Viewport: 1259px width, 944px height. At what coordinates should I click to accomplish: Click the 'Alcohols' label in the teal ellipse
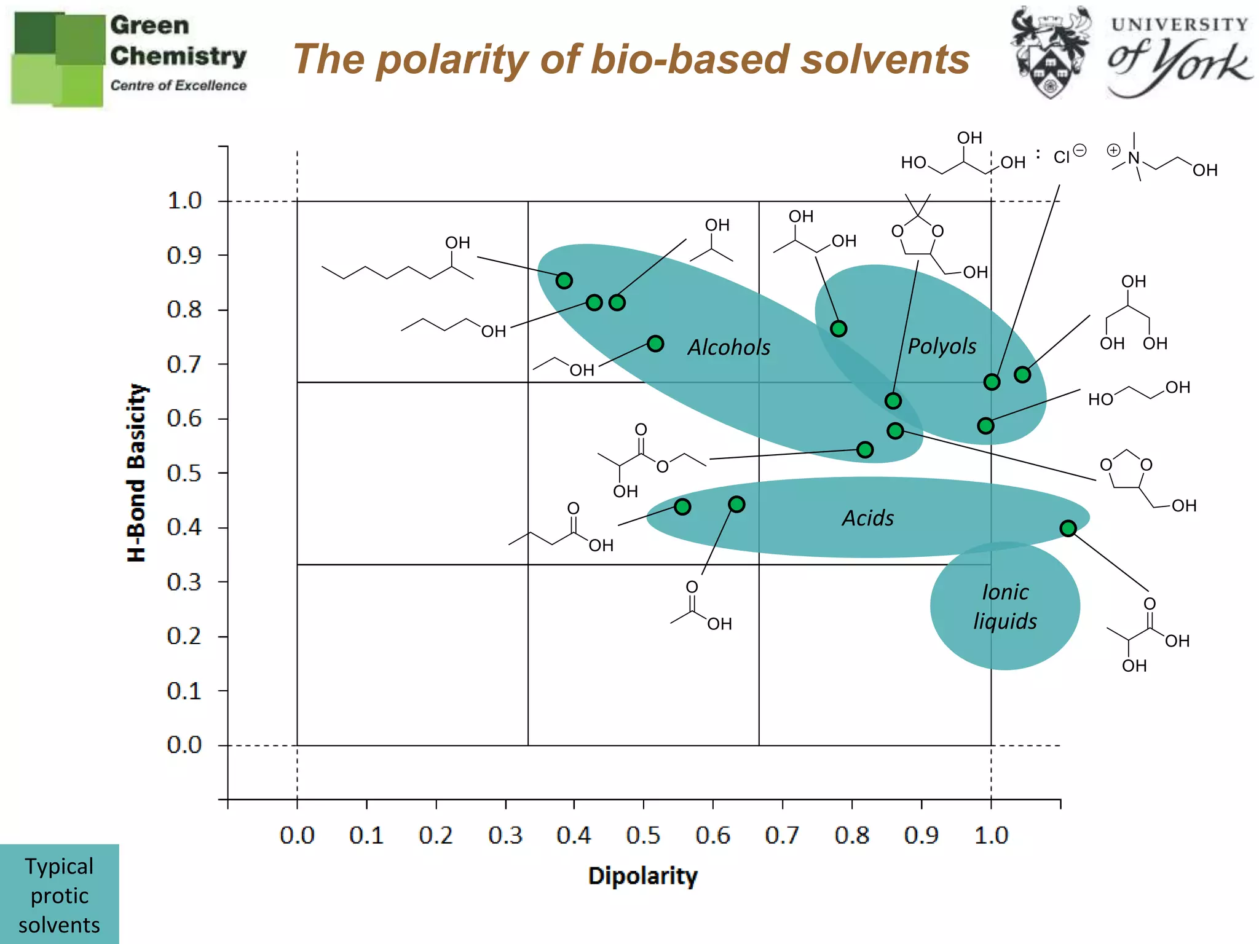[x=728, y=348]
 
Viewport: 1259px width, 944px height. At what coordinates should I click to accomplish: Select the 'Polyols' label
[x=942, y=347]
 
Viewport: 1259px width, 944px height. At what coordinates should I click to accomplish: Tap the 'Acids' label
[x=868, y=518]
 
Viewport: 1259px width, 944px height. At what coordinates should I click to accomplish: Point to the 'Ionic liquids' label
[x=1005, y=607]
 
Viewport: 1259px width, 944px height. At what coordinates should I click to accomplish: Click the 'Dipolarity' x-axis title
[x=643, y=876]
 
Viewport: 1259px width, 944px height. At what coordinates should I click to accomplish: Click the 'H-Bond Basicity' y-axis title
[x=136, y=473]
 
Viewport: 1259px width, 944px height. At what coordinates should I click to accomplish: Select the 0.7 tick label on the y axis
[x=184, y=364]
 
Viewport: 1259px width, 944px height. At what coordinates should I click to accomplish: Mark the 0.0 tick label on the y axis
[x=184, y=745]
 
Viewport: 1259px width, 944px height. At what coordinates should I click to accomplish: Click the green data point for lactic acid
[x=1068, y=529]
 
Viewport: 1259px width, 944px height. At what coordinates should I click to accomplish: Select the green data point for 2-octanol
[x=564, y=281]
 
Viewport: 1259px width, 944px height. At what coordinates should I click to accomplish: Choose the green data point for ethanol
[x=655, y=344]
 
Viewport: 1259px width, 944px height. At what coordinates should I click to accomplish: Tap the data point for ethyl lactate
[x=865, y=450]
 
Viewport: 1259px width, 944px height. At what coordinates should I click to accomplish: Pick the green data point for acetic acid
[x=736, y=505]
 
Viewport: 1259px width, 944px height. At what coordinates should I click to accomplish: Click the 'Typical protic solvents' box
[x=60, y=895]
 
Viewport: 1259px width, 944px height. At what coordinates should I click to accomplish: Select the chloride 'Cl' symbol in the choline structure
[x=1062, y=157]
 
